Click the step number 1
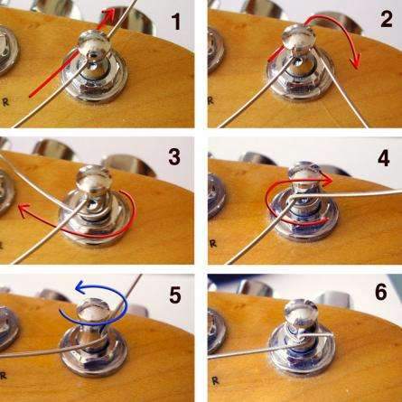click(175, 21)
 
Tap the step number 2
click(386, 19)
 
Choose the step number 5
click(174, 294)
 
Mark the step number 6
click(381, 292)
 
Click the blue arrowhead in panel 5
click(80, 287)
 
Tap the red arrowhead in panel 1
click(109, 14)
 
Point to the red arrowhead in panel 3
click(23, 210)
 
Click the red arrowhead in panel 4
click(327, 181)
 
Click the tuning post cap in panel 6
click(301, 313)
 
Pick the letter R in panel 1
click(5, 102)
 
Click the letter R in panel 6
click(215, 381)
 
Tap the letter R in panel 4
click(213, 243)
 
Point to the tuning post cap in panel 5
click(93, 312)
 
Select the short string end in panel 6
click(318, 335)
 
